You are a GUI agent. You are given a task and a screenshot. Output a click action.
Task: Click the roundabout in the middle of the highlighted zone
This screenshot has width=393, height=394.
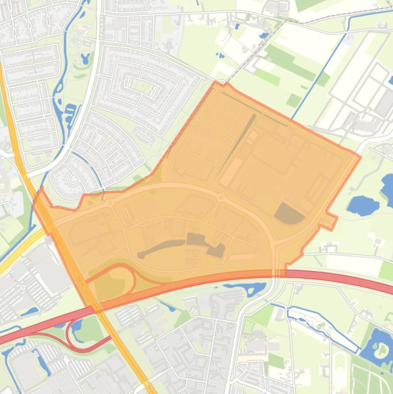pos(221,198)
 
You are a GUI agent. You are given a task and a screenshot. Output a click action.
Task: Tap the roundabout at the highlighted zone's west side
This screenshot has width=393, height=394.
pos(110,204)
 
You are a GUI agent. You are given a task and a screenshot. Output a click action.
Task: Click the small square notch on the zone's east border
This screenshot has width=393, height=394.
pos(331,222)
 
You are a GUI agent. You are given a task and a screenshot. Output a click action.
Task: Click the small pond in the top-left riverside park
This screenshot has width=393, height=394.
pos(85,58)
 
